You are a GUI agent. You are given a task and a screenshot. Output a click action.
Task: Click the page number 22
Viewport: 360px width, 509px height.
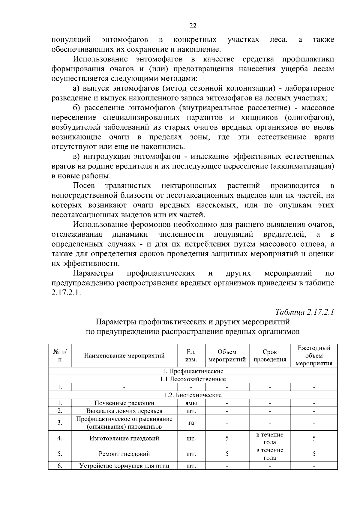tap(193, 26)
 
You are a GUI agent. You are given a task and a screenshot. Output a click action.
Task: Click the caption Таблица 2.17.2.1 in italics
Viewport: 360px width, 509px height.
tap(304, 312)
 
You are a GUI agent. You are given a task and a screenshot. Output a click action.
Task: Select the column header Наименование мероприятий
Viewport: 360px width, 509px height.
tap(124, 356)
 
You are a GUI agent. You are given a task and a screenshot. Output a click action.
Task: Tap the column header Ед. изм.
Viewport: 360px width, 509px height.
tap(191, 356)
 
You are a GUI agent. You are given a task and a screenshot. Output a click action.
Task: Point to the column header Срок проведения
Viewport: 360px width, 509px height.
tap(270, 356)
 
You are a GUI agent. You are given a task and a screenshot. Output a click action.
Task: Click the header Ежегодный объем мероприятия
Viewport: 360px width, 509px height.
tap(314, 356)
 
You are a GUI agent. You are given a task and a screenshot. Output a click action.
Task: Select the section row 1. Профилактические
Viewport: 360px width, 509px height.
tap(193, 371)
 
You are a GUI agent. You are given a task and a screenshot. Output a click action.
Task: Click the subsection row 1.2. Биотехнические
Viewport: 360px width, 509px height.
tap(193, 395)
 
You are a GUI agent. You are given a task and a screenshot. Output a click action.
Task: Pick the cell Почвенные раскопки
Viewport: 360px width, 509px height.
tap(124, 403)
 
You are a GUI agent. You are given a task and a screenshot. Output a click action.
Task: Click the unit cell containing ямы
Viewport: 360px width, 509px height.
tap(191, 403)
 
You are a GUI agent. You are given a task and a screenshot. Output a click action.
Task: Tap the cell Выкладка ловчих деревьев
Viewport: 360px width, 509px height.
tap(124, 411)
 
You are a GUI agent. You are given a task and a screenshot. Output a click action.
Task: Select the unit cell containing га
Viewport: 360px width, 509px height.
tap(191, 423)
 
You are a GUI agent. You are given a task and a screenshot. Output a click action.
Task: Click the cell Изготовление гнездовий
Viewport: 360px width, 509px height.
tap(124, 438)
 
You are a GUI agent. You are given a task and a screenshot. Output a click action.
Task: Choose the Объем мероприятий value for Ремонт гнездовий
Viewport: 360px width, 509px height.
tap(227, 454)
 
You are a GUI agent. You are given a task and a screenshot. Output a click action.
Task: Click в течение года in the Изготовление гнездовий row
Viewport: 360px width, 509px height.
tap(270, 438)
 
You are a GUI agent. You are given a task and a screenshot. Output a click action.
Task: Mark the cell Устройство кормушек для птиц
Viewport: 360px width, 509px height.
tap(124, 466)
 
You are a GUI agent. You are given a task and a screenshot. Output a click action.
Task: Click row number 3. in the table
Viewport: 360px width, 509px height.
tap(60, 423)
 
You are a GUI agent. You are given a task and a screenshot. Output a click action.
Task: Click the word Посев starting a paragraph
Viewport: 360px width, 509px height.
tap(84, 186)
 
